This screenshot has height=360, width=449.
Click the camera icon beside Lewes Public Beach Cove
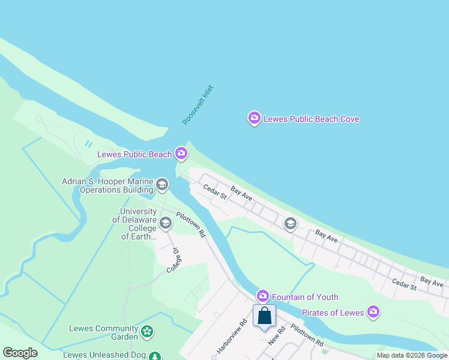(x=254, y=118)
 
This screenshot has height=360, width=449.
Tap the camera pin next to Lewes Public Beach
(x=181, y=154)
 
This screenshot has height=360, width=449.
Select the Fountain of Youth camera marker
(x=262, y=296)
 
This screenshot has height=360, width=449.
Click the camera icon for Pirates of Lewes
(x=373, y=312)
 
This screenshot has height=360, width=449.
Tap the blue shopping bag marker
(x=264, y=316)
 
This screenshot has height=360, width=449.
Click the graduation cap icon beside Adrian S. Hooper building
(x=161, y=185)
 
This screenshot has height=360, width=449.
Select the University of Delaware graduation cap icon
(x=165, y=224)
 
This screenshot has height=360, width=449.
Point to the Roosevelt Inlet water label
(x=198, y=105)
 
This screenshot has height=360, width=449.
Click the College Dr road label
(x=173, y=260)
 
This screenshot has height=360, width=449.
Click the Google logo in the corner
(x=20, y=353)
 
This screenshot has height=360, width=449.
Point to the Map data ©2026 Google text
(x=412, y=355)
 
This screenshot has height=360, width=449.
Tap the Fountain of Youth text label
(x=305, y=297)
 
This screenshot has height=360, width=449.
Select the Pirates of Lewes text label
(x=333, y=313)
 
